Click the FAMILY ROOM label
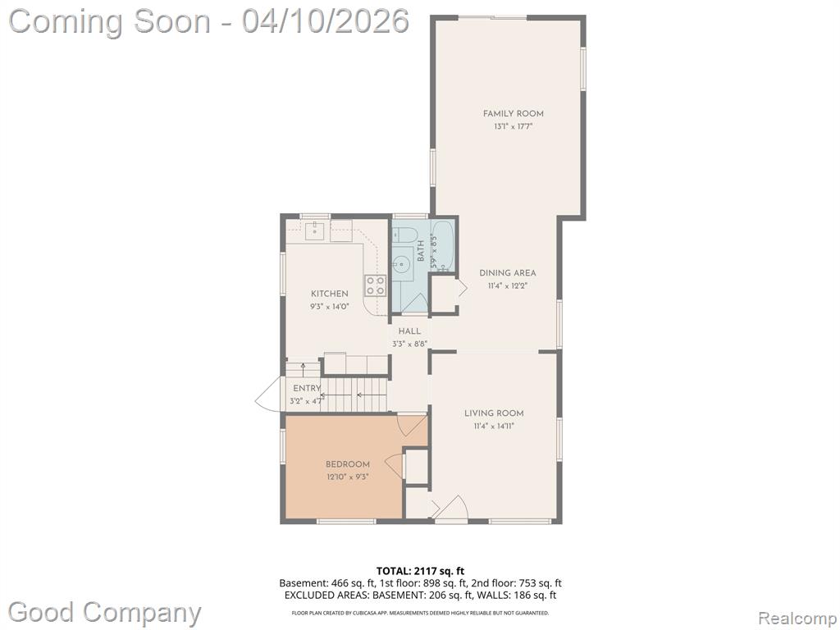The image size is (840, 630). (x=514, y=113)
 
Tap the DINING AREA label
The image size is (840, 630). (x=507, y=273)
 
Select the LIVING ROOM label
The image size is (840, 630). (x=494, y=413)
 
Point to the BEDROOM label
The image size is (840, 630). (x=348, y=464)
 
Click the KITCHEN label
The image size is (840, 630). (x=330, y=294)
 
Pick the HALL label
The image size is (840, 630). (x=409, y=331)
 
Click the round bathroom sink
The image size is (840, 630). (x=402, y=263)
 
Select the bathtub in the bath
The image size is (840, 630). (x=443, y=245)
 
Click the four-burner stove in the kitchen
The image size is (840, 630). (x=376, y=285)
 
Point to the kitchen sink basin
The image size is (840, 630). (x=314, y=231)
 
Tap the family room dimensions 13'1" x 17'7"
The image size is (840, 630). (x=514, y=127)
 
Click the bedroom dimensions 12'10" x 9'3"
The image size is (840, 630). (x=348, y=477)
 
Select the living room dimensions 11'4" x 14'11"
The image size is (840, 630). (x=494, y=427)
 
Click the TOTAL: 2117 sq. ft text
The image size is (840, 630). (x=416, y=571)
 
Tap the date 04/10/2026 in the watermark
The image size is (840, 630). (x=325, y=21)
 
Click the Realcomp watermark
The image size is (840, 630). (x=797, y=619)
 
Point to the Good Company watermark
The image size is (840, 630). (x=104, y=612)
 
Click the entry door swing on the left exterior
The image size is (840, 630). (x=269, y=394)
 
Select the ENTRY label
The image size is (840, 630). (x=307, y=388)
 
